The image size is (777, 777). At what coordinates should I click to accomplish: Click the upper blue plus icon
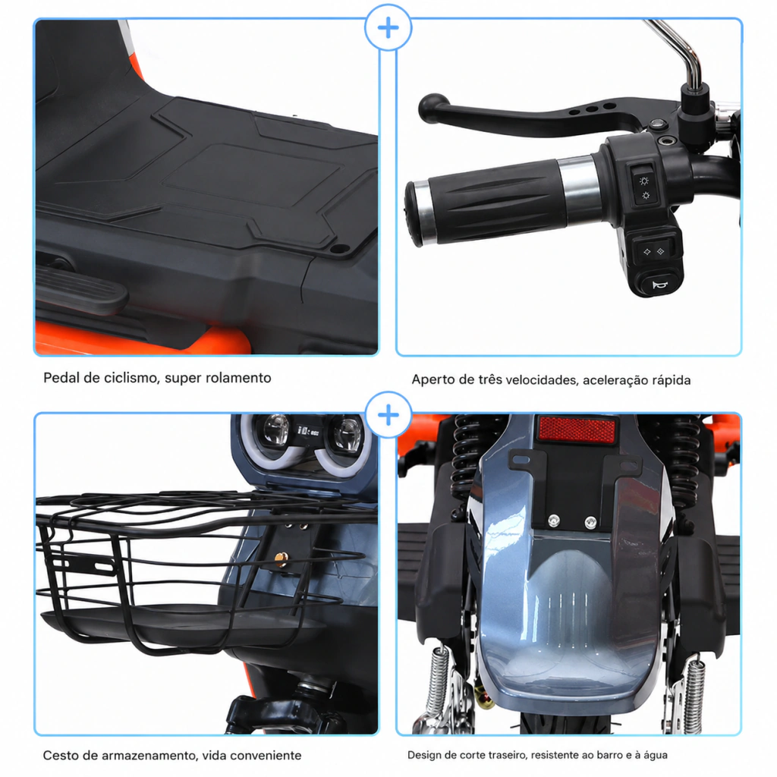tap(388, 28)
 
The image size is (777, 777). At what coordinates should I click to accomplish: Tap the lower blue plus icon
tap(388, 415)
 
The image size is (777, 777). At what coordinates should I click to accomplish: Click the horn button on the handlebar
tap(658, 285)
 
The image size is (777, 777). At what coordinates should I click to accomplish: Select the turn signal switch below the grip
tap(653, 252)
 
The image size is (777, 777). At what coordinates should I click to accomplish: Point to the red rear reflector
tap(577, 429)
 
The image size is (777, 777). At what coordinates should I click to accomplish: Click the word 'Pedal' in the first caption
tap(61, 378)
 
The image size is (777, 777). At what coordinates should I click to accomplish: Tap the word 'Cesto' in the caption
tap(61, 755)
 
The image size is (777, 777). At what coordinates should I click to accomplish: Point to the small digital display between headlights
tap(308, 431)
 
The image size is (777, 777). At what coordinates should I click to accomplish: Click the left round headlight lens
tap(276, 429)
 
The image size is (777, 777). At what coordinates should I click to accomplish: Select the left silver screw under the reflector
tap(553, 520)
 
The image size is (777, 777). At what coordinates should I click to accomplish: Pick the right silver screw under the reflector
tap(590, 522)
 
